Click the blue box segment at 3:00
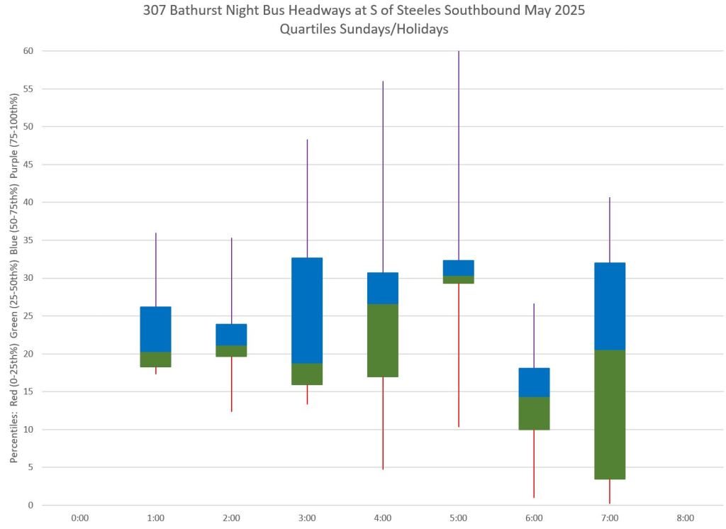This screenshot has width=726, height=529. click(x=307, y=311)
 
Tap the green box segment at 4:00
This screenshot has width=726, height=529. click(x=383, y=340)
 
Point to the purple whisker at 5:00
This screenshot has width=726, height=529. click(x=459, y=156)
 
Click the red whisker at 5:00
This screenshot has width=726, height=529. click(x=459, y=355)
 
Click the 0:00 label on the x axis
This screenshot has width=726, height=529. click(x=80, y=518)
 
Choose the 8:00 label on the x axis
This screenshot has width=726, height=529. click(x=685, y=518)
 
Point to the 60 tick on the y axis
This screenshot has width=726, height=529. click(x=30, y=51)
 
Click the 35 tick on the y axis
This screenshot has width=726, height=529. click(x=30, y=240)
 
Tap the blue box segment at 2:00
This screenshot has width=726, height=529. click(x=231, y=335)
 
